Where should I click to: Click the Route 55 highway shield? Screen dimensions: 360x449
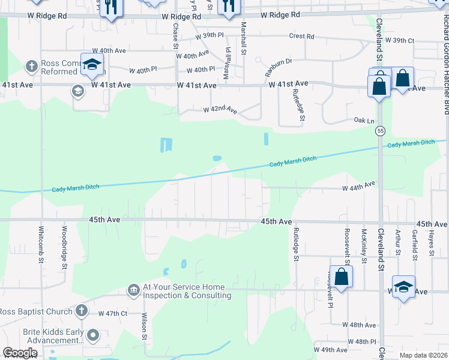pyautogui.click(x=381, y=130)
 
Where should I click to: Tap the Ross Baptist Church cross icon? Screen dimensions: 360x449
pyautogui.click(x=82, y=311)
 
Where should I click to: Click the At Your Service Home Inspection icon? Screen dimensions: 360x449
pyautogui.click(x=133, y=290)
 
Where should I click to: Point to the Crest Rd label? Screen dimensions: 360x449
pyautogui.click(x=301, y=37)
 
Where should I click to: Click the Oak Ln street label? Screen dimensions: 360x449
pyautogui.click(x=360, y=120)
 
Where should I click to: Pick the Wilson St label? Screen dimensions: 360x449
pyautogui.click(x=145, y=325)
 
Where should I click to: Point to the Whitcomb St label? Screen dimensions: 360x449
pyautogui.click(x=41, y=244)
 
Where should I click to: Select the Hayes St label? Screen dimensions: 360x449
pyautogui.click(x=431, y=243)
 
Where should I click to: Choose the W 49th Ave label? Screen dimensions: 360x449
pyautogui.click(x=331, y=350)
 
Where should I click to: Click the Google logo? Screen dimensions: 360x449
pyautogui.click(x=20, y=353)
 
